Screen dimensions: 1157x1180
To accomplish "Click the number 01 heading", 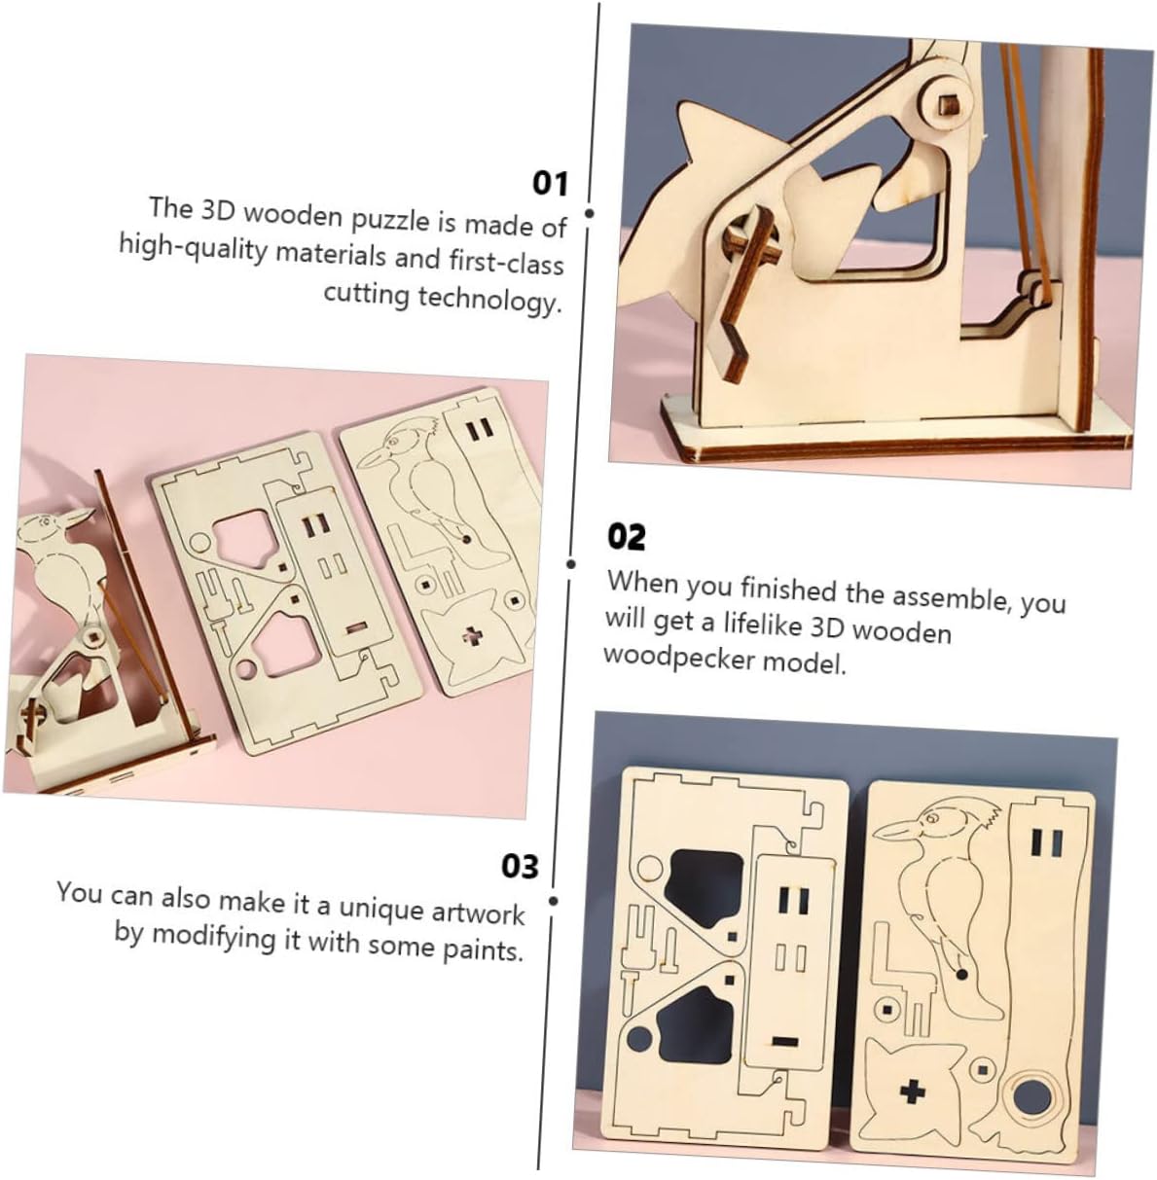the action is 550,183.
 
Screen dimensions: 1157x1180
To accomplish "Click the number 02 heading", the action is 627,537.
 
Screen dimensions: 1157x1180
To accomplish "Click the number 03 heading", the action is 521,867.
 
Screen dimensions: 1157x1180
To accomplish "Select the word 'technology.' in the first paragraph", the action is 489,300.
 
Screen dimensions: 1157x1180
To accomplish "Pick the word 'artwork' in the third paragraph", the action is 479,913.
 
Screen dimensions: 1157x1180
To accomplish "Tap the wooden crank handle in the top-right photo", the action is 741,288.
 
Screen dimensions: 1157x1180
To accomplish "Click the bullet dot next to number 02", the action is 570,564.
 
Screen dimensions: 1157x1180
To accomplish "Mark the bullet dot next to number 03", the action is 554,901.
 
